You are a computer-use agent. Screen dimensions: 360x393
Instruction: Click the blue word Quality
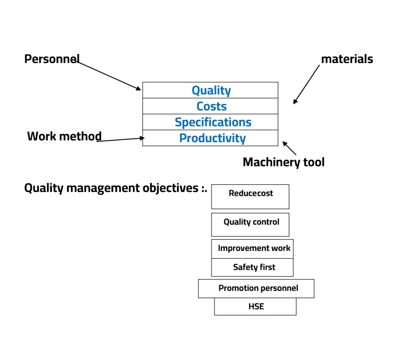tap(211, 91)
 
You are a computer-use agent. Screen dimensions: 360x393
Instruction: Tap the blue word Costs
tap(211, 106)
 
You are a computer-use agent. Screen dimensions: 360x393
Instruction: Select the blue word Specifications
tap(213, 122)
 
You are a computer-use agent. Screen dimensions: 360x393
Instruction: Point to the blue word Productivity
tap(212, 138)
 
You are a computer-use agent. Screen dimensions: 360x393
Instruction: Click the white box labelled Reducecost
tap(250, 197)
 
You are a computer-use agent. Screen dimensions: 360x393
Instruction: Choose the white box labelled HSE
tap(255, 306)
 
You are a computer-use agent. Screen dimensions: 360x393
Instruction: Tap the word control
tap(267, 222)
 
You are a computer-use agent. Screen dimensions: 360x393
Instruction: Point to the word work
tap(281, 248)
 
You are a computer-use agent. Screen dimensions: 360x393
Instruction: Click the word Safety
tap(244, 267)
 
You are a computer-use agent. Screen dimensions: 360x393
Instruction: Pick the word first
tap(267, 267)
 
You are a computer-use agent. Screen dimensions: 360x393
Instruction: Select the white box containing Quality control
tap(250, 225)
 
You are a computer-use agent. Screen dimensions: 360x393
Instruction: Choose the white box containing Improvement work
tap(252, 249)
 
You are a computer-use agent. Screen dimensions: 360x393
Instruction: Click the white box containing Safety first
tap(252, 267)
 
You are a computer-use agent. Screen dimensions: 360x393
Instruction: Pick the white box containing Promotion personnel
tap(256, 288)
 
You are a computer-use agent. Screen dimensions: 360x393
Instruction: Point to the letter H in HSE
tap(251, 306)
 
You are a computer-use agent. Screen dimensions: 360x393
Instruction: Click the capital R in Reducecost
tap(231, 193)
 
